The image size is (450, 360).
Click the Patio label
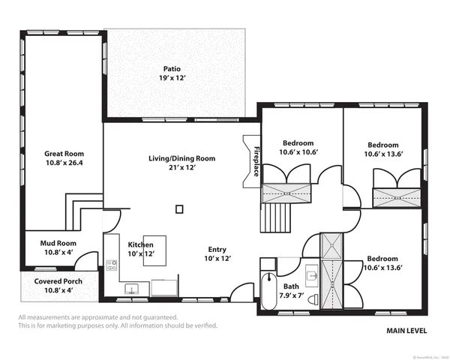(172, 69)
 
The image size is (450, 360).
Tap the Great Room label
(64, 154)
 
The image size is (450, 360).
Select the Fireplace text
(256, 161)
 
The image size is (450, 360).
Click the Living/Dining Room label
(181, 158)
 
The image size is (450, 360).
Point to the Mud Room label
(58, 243)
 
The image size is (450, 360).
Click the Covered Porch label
(58, 281)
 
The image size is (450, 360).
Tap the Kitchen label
(141, 245)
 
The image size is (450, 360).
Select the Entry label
(217, 249)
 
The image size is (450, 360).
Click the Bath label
(291, 286)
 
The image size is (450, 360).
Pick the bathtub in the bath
(268, 289)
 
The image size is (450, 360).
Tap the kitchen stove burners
(112, 265)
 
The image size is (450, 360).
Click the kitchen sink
(130, 288)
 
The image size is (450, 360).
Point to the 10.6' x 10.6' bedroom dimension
(298, 152)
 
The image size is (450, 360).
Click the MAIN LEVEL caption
(407, 330)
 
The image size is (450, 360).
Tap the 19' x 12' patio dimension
(172, 78)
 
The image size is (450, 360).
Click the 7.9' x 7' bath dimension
(291, 295)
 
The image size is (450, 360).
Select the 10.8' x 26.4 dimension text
(64, 163)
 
